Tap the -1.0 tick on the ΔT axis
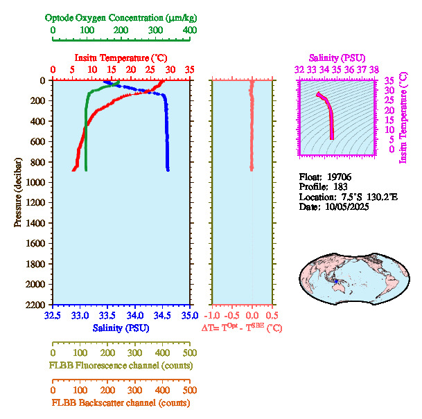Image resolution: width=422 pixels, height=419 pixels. pyautogui.click(x=213, y=316)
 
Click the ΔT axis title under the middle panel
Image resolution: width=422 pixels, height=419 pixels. pyautogui.click(x=242, y=328)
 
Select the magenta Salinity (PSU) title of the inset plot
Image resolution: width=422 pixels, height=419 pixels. pyautogui.click(x=336, y=57)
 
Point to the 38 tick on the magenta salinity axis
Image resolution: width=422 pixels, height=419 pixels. pyautogui.click(x=373, y=69)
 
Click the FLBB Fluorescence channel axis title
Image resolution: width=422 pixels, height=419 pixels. pyautogui.click(x=121, y=366)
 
